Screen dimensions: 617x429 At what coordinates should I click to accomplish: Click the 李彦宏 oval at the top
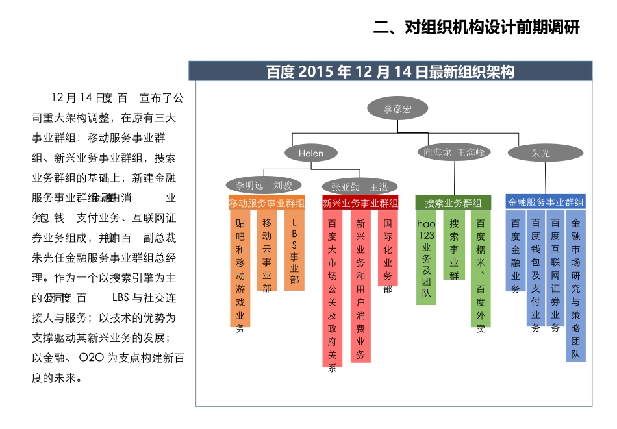click(397, 109)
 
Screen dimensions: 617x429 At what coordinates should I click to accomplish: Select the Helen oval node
click(310, 153)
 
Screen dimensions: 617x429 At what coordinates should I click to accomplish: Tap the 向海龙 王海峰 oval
click(454, 153)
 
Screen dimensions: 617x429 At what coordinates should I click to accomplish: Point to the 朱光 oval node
click(540, 153)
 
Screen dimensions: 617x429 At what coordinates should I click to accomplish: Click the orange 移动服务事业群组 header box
click(267, 203)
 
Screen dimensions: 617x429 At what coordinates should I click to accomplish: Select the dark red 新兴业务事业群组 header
click(360, 203)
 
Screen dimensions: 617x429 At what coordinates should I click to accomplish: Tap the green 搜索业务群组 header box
click(453, 203)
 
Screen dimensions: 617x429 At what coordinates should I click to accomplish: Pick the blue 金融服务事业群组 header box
click(546, 202)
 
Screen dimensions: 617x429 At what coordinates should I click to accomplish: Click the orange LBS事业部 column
click(294, 251)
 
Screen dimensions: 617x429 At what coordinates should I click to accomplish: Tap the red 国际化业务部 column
click(388, 249)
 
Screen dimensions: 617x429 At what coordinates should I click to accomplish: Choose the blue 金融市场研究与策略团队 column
click(575, 286)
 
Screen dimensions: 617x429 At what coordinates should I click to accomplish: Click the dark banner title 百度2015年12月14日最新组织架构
click(390, 71)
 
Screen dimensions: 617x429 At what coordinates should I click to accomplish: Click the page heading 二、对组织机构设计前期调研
click(476, 28)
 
